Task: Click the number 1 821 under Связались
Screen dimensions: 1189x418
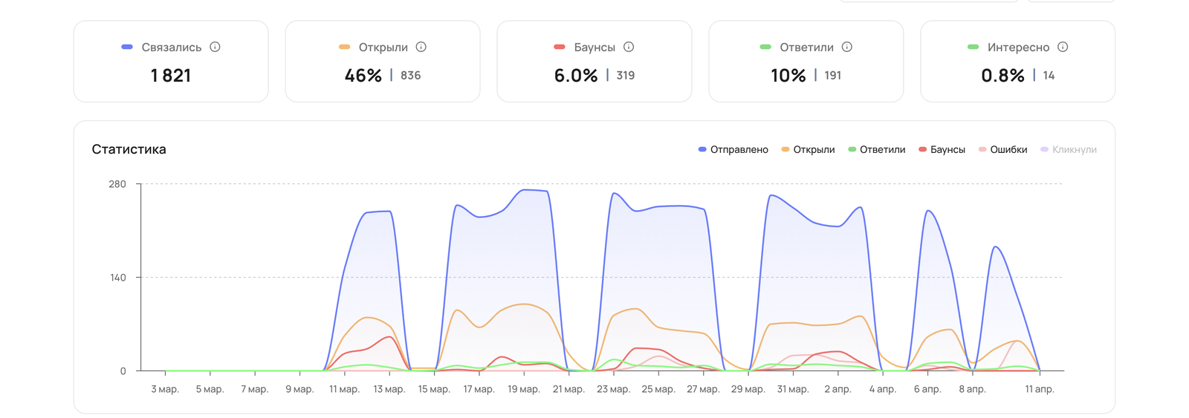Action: pos(170,75)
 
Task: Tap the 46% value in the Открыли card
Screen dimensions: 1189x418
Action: pos(363,75)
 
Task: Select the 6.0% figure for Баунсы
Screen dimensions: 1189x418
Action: pos(576,75)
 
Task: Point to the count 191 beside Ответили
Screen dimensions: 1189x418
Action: pos(833,75)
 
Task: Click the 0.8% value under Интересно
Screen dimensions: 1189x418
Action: pos(1002,75)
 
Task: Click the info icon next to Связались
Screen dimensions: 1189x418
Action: pos(215,47)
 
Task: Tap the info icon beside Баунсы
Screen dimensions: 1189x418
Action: pos(629,47)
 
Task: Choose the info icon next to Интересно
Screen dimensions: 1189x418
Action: pos(1063,47)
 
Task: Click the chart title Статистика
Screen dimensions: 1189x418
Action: pos(129,149)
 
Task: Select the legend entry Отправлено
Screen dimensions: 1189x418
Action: pos(733,149)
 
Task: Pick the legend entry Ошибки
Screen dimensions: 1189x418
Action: pos(1003,149)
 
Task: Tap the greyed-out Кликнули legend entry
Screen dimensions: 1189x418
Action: pos(1069,149)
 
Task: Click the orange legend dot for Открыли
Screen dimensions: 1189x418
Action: pos(785,149)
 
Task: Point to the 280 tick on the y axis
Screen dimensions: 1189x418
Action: pos(117,184)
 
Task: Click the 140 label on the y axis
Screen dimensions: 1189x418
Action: pos(117,278)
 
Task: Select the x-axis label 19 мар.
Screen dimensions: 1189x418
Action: pos(524,389)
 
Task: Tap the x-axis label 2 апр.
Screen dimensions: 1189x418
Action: pos(838,389)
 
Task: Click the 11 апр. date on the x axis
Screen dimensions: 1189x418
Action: pos(1040,389)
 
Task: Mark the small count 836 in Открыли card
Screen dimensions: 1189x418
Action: pos(410,75)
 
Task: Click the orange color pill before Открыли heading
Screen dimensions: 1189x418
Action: pos(345,47)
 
